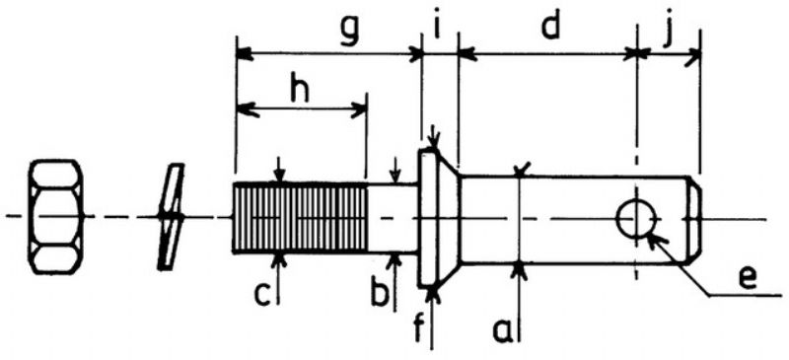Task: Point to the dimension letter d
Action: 548,27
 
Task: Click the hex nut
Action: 58,216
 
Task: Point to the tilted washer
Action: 170,216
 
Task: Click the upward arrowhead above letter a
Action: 520,270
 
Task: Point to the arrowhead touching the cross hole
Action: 652,237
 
